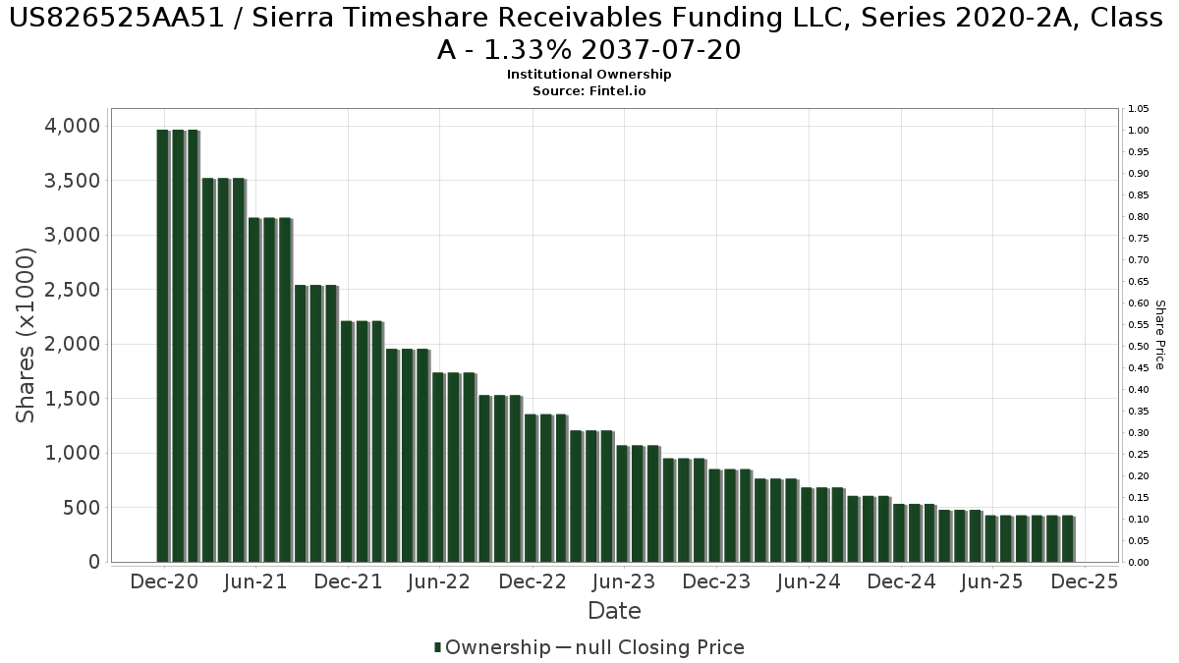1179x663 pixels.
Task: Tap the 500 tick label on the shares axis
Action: pos(81,508)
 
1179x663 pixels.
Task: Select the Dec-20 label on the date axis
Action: pos(164,581)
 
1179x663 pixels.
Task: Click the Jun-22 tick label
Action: pos(439,581)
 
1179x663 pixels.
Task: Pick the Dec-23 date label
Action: pos(716,581)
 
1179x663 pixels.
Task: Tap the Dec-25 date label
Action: pos(1084,581)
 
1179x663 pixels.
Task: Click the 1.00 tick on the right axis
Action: pos(1139,131)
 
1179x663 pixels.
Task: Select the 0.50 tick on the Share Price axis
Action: pos(1139,347)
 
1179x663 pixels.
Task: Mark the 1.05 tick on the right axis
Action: pos(1139,109)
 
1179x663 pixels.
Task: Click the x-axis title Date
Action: pos(614,611)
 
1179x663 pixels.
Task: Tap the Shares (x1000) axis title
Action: pos(27,335)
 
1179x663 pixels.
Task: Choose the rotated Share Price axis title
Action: pos(1159,335)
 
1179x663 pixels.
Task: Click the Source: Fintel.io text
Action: pos(589,90)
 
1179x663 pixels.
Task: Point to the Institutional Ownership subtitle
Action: pos(589,75)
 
